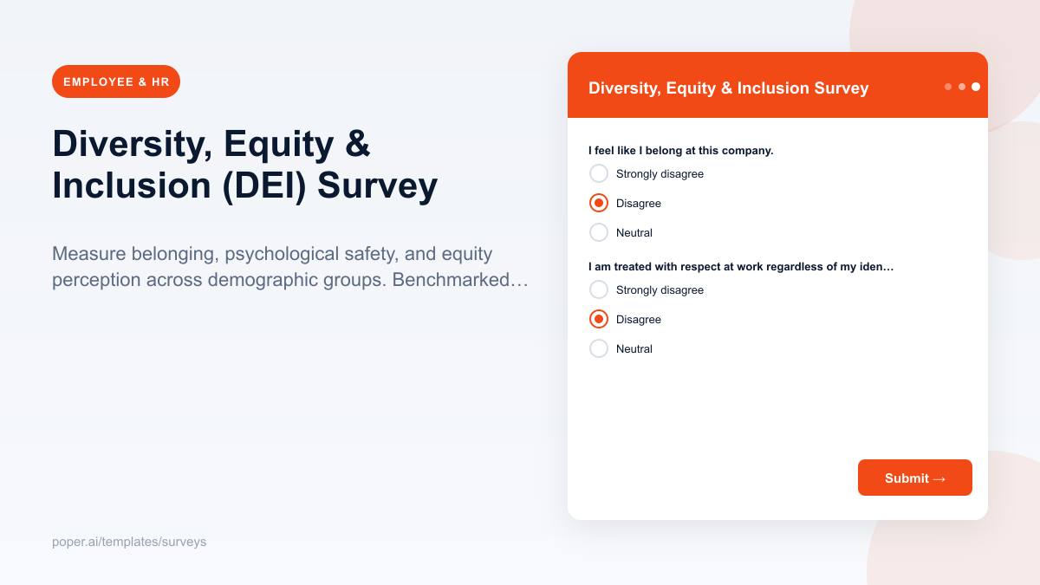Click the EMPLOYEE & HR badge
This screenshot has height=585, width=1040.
coord(116,81)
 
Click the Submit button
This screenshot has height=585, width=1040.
coord(914,478)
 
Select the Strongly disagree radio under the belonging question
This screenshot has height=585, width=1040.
coord(599,173)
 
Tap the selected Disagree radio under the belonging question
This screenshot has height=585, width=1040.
coord(599,203)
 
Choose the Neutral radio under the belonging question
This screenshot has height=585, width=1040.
coord(599,232)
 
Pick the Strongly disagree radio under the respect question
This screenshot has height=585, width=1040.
coord(599,289)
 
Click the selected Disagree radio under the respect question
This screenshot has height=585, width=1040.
coord(599,319)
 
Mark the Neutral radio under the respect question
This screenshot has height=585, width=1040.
coord(599,348)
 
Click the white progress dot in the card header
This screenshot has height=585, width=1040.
coord(976,87)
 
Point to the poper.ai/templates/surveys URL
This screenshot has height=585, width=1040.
coord(129,542)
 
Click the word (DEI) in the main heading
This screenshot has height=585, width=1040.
coord(264,185)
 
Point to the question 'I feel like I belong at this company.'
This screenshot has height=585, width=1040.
coord(680,150)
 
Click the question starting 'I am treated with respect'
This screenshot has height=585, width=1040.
coord(740,266)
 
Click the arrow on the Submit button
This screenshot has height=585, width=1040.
coord(939,478)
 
